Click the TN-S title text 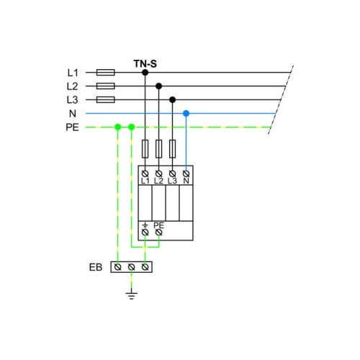pos(145,64)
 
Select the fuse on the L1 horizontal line pos(106,72)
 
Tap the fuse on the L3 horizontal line pos(106,99)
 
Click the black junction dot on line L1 pos(145,72)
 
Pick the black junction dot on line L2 pos(158,86)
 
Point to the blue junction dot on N pos(186,113)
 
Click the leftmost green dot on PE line pos(117,127)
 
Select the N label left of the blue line pos(73,114)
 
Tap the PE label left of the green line pos(72,127)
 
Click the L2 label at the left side pos(72,86)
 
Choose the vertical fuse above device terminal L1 pos(145,149)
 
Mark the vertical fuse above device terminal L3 pos(172,149)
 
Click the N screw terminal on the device pos(186,174)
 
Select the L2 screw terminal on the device pos(158,174)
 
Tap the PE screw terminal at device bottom pos(158,233)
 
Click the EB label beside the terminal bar pos(96,267)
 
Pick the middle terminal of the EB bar pos(131,267)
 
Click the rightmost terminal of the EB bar pos(145,267)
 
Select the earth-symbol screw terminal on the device pos(145,233)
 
